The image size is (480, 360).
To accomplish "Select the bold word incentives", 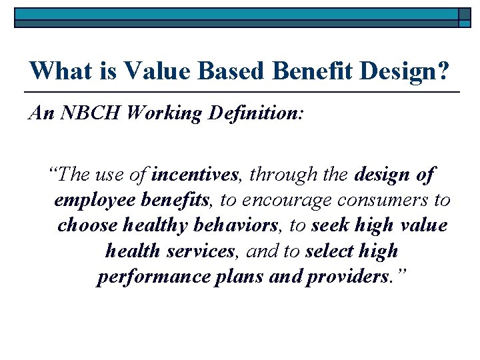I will pyautogui.click(x=195, y=175).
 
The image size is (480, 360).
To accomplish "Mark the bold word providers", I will pyautogui.click(x=347, y=277).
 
